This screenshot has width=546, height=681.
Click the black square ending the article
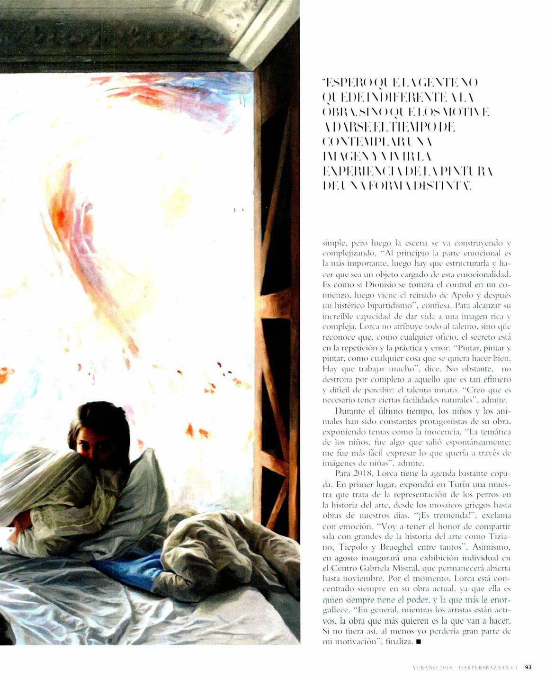417,642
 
